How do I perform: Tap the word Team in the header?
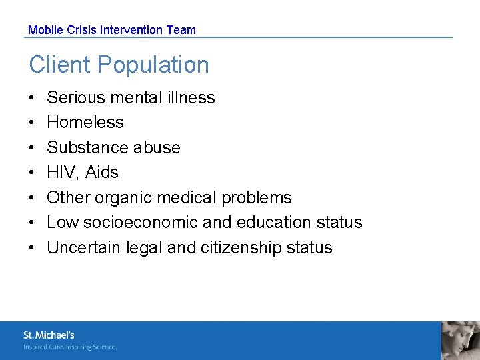click(181, 30)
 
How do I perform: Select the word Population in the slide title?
click(153, 65)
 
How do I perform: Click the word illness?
click(191, 97)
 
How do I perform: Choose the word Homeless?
click(85, 122)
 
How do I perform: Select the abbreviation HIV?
click(62, 172)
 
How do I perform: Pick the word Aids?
click(101, 172)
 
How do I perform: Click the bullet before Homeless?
click(32, 123)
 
